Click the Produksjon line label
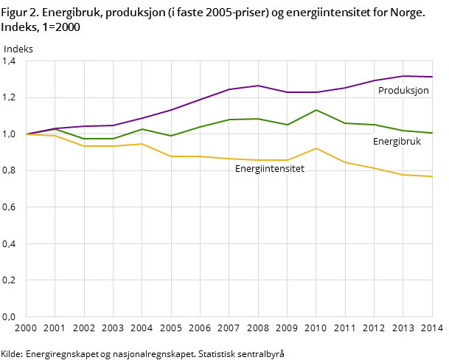403,91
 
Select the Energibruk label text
397,142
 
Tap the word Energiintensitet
269,169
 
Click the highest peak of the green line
316,110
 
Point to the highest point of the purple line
403,76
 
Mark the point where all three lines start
27,134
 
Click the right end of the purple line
432,77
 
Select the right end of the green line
432,133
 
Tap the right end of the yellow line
432,176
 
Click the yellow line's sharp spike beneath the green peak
316,148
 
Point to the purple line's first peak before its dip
258,86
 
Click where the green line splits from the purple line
55,129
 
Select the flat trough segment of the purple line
302,92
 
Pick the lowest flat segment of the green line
99,139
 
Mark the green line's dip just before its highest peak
288,125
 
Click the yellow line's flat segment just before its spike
273,160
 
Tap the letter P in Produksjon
381,91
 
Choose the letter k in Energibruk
418,142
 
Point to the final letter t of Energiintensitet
302,169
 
